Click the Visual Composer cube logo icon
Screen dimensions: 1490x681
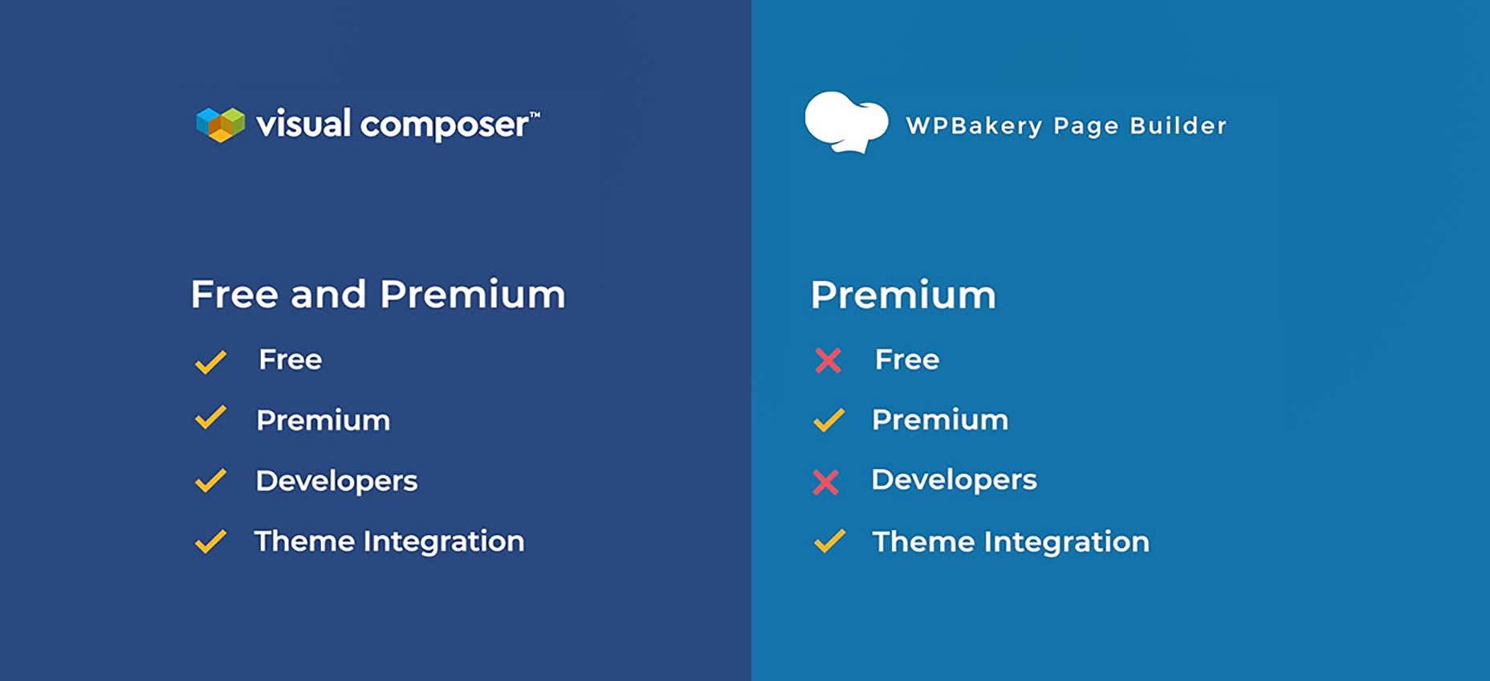pyautogui.click(x=221, y=124)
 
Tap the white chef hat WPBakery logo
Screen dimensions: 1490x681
pyautogui.click(x=846, y=121)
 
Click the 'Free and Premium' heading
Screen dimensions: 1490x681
pyautogui.click(x=378, y=294)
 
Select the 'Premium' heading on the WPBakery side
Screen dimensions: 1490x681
pyautogui.click(x=903, y=295)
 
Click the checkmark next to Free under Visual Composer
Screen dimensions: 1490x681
pyautogui.click(x=210, y=362)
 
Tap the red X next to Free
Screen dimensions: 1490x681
pyautogui.click(x=828, y=361)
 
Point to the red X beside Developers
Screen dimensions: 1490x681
pyautogui.click(x=825, y=482)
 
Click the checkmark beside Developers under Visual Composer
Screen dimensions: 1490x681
pyautogui.click(x=210, y=480)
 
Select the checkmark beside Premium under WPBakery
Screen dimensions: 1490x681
pyautogui.click(x=829, y=420)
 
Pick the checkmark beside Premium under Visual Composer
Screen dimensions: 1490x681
pyautogui.click(x=210, y=417)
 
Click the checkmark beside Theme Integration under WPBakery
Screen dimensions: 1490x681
pyautogui.click(x=829, y=541)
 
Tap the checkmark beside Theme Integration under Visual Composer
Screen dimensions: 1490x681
pyautogui.click(x=210, y=541)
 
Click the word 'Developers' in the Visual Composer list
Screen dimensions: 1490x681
pyautogui.click(x=336, y=481)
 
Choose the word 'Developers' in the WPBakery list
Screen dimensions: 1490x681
pyautogui.click(x=955, y=480)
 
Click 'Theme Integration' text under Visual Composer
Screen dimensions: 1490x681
pyautogui.click(x=389, y=542)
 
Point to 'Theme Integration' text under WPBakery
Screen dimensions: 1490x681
pyautogui.click(x=1011, y=542)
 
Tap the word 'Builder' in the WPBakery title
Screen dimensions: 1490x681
pyautogui.click(x=1179, y=125)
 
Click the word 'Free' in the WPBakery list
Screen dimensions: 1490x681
pyautogui.click(x=907, y=360)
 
